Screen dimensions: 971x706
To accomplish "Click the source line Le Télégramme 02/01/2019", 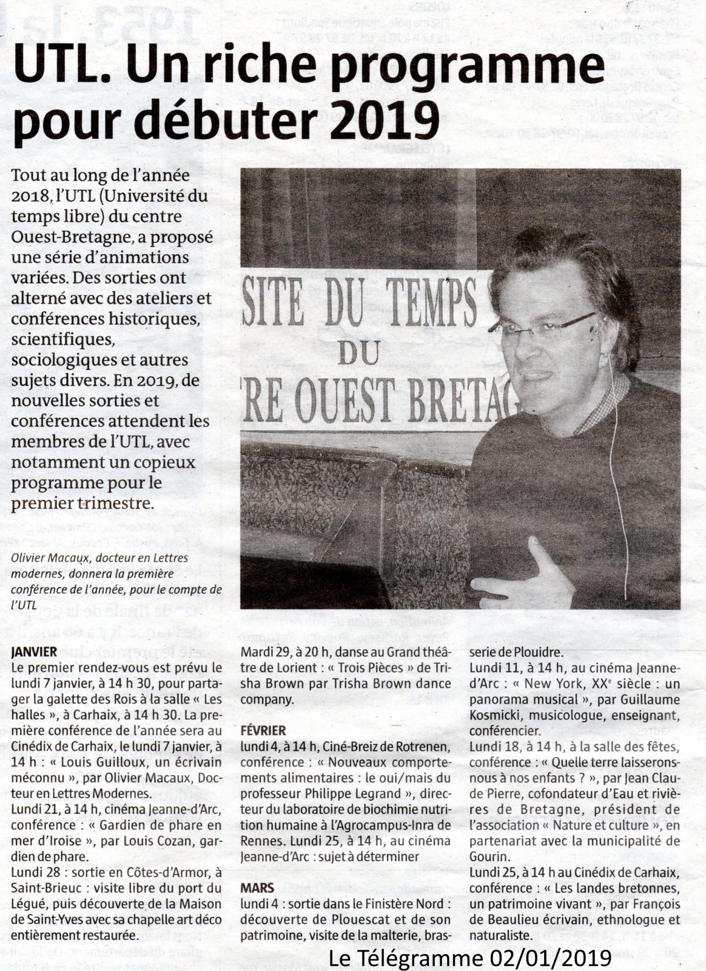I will coord(470,957).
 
